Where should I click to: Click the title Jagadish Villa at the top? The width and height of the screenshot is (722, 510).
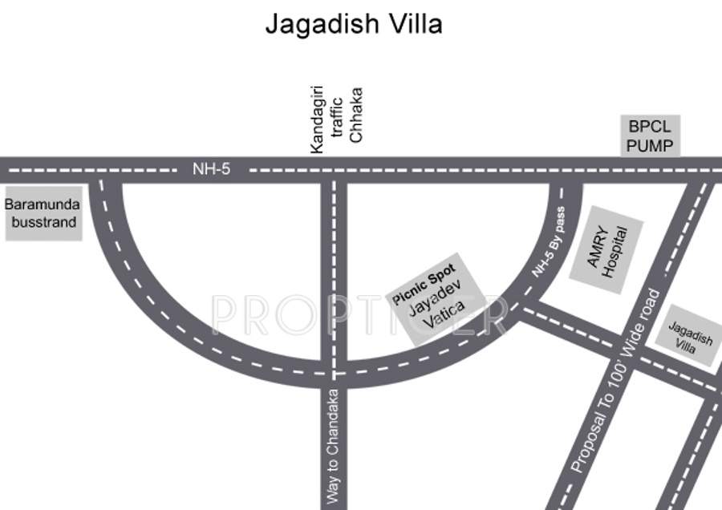click(x=354, y=24)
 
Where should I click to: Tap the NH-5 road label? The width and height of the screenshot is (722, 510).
click(x=211, y=169)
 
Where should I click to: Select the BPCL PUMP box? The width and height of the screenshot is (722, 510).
click(x=650, y=136)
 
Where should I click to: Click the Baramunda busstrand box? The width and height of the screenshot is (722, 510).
click(x=43, y=212)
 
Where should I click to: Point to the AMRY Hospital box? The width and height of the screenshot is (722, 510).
click(x=606, y=244)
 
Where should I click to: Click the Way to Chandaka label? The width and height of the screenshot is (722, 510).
click(x=334, y=447)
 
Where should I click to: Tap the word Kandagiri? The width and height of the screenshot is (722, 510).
click(x=317, y=120)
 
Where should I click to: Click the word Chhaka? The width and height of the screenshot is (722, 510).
click(x=357, y=115)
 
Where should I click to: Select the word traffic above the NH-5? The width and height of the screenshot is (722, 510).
click(x=337, y=119)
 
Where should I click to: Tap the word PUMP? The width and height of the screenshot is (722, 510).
click(x=650, y=146)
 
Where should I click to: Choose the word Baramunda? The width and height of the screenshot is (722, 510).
click(x=43, y=204)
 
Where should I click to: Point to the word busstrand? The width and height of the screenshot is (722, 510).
click(x=43, y=222)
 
